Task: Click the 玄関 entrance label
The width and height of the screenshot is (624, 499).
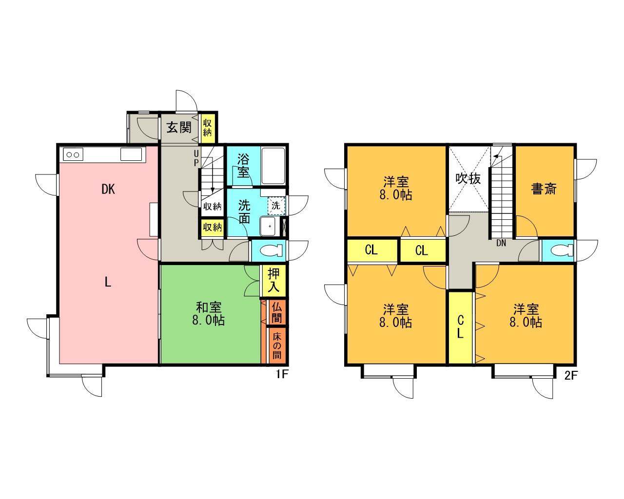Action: [x=179, y=127]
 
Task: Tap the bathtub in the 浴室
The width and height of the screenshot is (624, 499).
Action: [x=273, y=166]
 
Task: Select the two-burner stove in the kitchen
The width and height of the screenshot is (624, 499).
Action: [x=73, y=154]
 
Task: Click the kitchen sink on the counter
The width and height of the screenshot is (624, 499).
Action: [x=131, y=154]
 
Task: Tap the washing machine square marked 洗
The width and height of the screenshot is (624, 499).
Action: [x=276, y=206]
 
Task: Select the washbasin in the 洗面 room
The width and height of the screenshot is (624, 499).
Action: [x=269, y=226]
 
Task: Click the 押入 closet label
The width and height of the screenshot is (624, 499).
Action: [x=273, y=281]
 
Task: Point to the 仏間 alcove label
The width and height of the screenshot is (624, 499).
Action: [x=277, y=313]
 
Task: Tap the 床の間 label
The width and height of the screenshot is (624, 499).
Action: [x=277, y=346]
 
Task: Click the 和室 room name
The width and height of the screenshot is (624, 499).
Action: [x=209, y=307]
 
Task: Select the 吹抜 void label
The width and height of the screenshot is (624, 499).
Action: [x=468, y=179]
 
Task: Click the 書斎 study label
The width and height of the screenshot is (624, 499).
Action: [x=544, y=189]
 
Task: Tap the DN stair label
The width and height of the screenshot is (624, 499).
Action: [x=501, y=243]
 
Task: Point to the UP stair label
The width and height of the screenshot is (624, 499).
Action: [x=196, y=158]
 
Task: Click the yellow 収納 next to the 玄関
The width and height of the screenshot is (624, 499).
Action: [x=207, y=128]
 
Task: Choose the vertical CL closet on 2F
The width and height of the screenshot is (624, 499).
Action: [x=461, y=327]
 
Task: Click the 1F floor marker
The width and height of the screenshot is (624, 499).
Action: [x=281, y=374]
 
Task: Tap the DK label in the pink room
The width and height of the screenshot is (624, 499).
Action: [x=108, y=190]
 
